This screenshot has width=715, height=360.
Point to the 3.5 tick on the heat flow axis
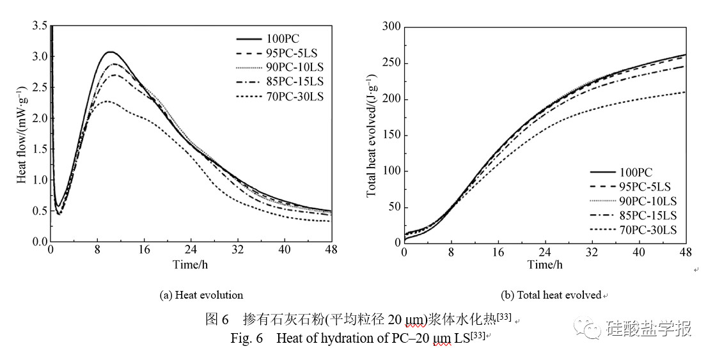click(x=40, y=26)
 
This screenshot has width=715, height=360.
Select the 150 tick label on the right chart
click(x=391, y=136)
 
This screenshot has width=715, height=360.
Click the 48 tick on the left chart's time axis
click(x=331, y=249)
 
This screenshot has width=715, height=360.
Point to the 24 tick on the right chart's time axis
click(x=545, y=251)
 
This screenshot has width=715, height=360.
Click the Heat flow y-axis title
click(x=21, y=134)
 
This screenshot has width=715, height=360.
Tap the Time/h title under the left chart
click(x=191, y=263)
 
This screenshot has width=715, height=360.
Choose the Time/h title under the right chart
click(x=546, y=265)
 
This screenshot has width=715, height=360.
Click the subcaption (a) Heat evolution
click(x=201, y=295)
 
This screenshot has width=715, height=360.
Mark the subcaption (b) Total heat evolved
click(x=551, y=295)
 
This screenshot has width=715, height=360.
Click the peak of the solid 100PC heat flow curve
click(x=111, y=52)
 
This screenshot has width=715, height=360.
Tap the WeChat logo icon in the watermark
click(x=588, y=328)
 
